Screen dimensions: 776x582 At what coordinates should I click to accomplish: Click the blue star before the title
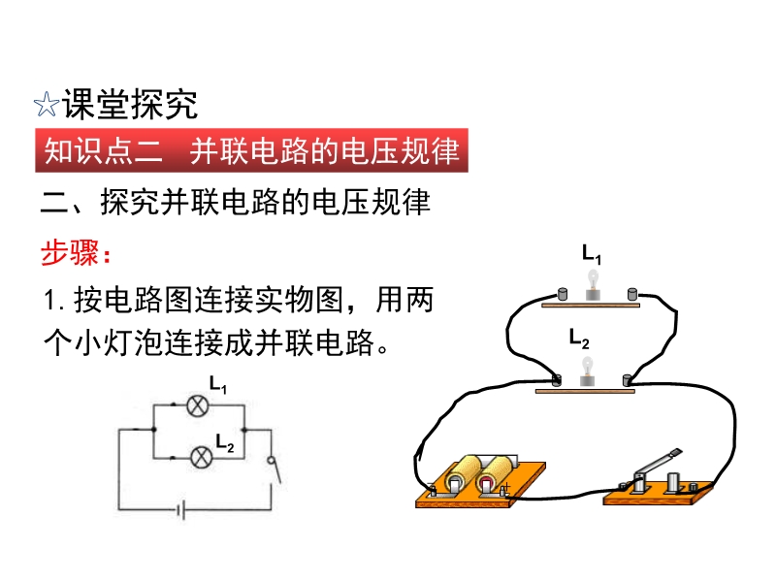(47, 104)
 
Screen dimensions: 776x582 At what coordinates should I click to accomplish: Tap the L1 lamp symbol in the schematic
(198, 405)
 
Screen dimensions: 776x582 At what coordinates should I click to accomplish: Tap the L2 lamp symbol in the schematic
(202, 456)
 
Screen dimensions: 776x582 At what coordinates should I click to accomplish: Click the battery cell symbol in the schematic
(181, 510)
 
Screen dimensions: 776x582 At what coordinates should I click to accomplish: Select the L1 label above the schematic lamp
(217, 384)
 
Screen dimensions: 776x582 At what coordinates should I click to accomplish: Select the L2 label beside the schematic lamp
(224, 442)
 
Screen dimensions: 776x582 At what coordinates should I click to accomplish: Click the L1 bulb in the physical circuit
(593, 284)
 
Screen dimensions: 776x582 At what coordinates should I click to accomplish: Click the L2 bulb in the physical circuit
(587, 372)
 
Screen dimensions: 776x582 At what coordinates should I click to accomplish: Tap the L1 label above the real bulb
(592, 254)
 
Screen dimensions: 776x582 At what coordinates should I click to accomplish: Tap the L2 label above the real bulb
(578, 339)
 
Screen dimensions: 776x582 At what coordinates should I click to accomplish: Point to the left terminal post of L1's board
(563, 294)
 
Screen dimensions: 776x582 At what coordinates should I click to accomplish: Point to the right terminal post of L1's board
(632, 294)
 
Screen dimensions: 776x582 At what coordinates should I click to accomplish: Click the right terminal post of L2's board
(627, 380)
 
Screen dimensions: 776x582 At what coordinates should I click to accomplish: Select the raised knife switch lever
(659, 464)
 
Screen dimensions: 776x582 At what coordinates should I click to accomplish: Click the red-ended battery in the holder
(493, 476)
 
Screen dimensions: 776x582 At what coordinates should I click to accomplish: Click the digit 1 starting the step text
(49, 301)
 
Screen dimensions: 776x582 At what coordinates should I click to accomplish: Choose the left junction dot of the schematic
(154, 430)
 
